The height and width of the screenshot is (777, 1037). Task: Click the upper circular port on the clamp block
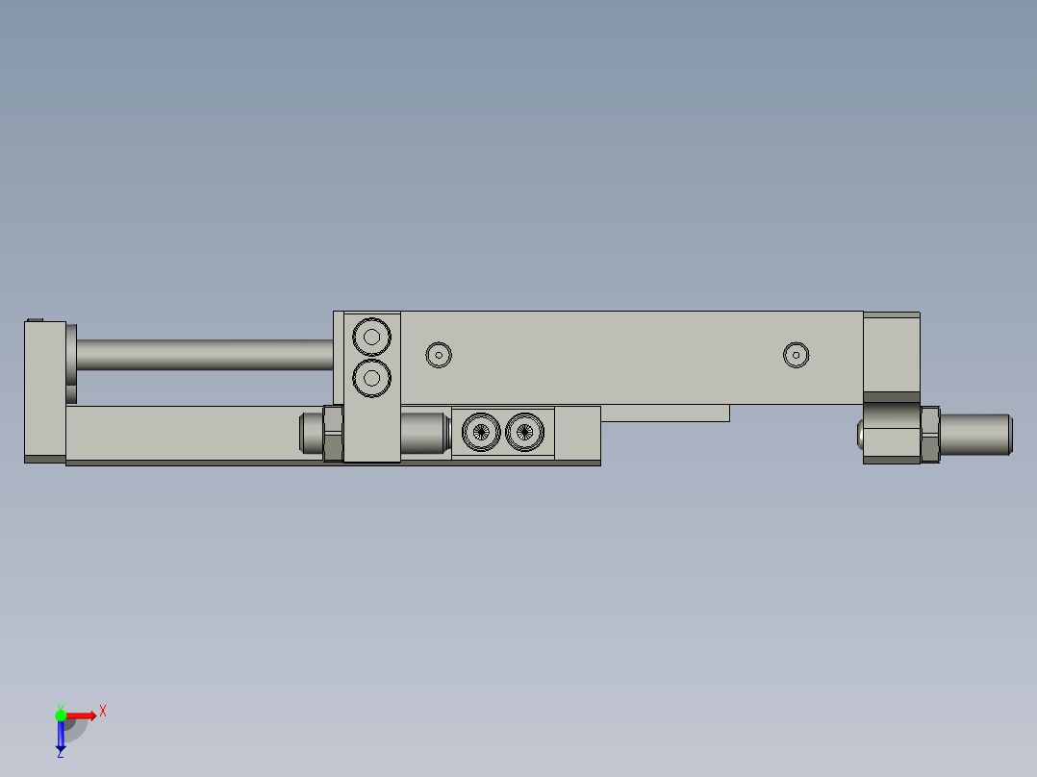tap(371, 337)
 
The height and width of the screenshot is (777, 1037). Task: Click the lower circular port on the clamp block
tap(371, 377)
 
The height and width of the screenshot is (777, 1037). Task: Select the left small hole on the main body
tap(439, 355)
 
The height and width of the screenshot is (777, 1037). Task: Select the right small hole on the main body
tap(796, 355)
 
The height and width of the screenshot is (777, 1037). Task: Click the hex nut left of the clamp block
tap(334, 433)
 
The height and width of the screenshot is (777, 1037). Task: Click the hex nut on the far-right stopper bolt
tap(930, 436)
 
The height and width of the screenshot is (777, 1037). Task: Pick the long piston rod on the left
tap(202, 355)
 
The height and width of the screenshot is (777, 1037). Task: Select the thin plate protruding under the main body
tap(664, 413)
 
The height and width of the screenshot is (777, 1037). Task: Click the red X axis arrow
tap(83, 714)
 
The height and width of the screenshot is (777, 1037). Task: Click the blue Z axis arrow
tap(61, 735)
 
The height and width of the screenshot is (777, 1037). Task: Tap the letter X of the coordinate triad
tap(103, 711)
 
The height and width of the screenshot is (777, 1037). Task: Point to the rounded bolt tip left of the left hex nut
tap(310, 433)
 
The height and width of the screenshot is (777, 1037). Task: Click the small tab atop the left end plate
tap(36, 319)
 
